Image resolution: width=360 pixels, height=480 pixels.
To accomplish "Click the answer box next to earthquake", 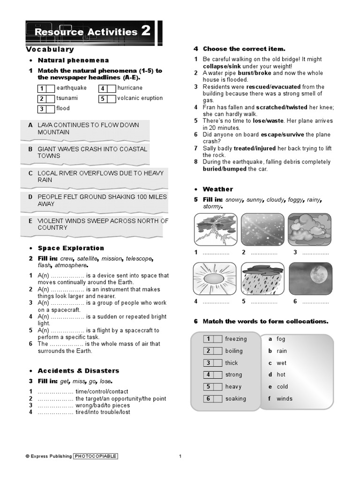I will (50, 88).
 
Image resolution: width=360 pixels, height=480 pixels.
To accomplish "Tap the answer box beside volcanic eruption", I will (111, 98).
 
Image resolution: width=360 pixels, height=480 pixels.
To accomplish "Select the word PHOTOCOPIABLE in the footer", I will (96, 456).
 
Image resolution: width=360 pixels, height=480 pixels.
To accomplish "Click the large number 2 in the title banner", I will (146, 31).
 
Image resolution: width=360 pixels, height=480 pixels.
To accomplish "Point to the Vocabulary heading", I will (50, 49).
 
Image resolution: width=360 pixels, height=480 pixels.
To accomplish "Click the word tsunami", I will (67, 98).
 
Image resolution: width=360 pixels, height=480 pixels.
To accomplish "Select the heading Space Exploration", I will (71, 248).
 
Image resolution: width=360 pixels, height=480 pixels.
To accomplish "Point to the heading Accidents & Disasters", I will (78, 371).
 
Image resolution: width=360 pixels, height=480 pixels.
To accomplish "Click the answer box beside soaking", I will (217, 399).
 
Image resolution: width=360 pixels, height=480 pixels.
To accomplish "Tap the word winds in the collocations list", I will (285, 399).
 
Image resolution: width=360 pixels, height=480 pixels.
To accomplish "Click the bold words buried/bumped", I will (225, 169).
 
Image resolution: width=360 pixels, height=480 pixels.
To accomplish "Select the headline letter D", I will (30, 197).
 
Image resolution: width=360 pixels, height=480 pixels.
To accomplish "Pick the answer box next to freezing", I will (217, 339).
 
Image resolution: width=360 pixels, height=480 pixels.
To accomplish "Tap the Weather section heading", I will (217, 189).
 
